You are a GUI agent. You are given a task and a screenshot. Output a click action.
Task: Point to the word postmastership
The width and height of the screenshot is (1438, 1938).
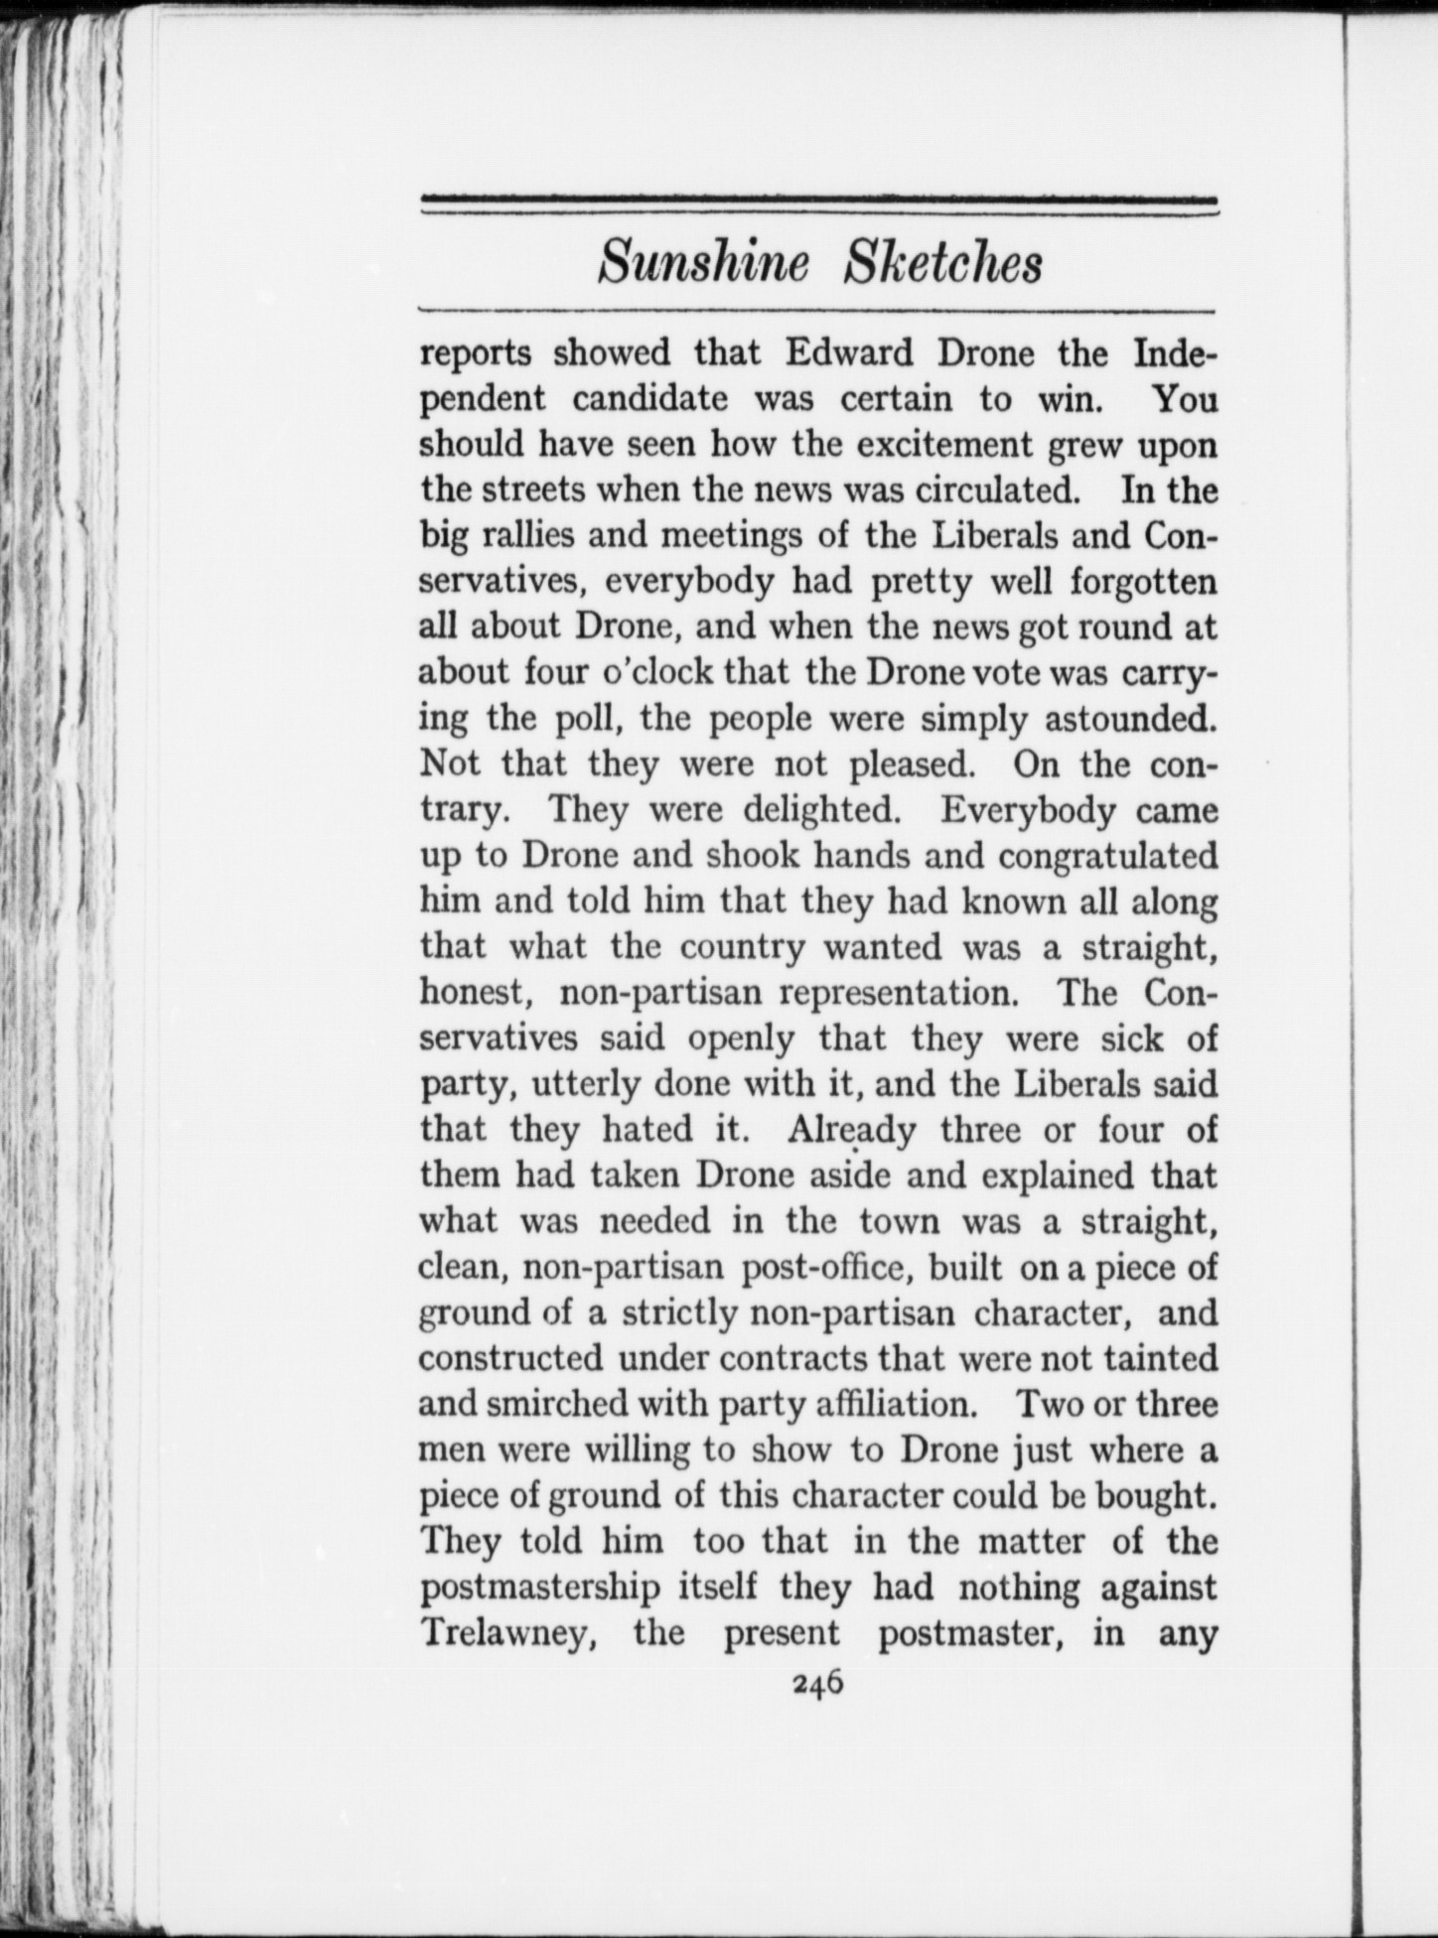pos(539,1588)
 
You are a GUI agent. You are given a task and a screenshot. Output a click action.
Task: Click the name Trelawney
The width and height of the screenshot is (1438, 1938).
pos(507,1633)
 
